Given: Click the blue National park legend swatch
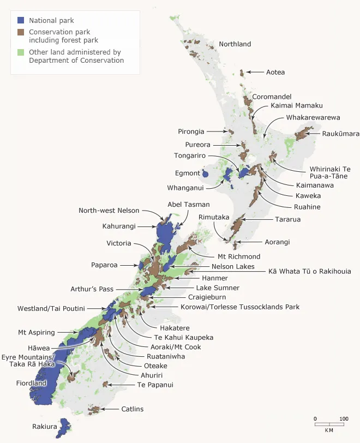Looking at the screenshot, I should tap(21, 20).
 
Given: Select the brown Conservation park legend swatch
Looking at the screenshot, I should tap(21, 32).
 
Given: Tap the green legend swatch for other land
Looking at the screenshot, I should tap(21, 53).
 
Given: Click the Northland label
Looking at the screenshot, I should tap(235, 44).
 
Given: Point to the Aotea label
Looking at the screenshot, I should tap(275, 72).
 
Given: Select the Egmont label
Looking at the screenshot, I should tap(187, 173).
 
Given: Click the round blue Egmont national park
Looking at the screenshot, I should tap(205, 174).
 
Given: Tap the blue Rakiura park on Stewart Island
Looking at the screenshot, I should tap(64, 427).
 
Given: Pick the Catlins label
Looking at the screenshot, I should tap(133, 409).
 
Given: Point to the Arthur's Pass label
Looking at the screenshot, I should tap(92, 289).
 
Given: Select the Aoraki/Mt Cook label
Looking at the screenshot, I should tap(175, 347).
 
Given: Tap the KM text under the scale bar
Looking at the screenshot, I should tap(329, 430).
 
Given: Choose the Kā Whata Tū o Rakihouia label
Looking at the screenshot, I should tap(309, 271).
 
